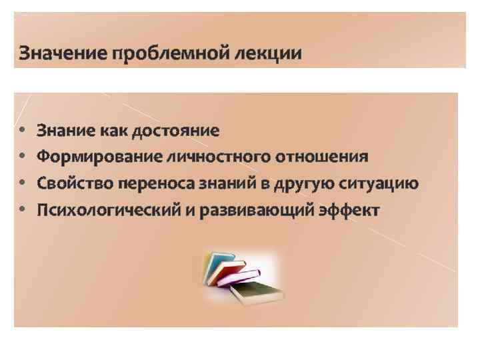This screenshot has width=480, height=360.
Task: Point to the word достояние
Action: click(175, 130)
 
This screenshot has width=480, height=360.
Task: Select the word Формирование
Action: click(90, 157)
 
